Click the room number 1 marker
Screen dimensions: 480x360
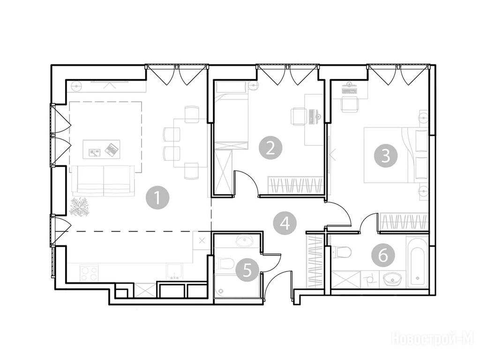pyautogui.click(x=157, y=197)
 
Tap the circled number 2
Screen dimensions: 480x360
pyautogui.click(x=270, y=149)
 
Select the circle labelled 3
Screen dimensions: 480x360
pyautogui.click(x=386, y=156)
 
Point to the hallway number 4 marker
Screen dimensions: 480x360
pyautogui.click(x=285, y=223)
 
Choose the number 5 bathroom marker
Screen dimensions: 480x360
pyautogui.click(x=247, y=270)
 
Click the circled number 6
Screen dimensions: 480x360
pyautogui.click(x=383, y=255)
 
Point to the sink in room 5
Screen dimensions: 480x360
pyautogui.click(x=244, y=240)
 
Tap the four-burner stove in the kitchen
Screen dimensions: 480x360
pyautogui.click(x=90, y=273)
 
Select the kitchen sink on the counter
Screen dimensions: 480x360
pyautogui.click(x=174, y=272)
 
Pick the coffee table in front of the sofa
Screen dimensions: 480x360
pyautogui.click(x=101, y=149)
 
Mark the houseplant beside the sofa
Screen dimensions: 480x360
pyautogui.click(x=79, y=207)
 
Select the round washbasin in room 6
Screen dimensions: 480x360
pyautogui.click(x=393, y=279)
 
